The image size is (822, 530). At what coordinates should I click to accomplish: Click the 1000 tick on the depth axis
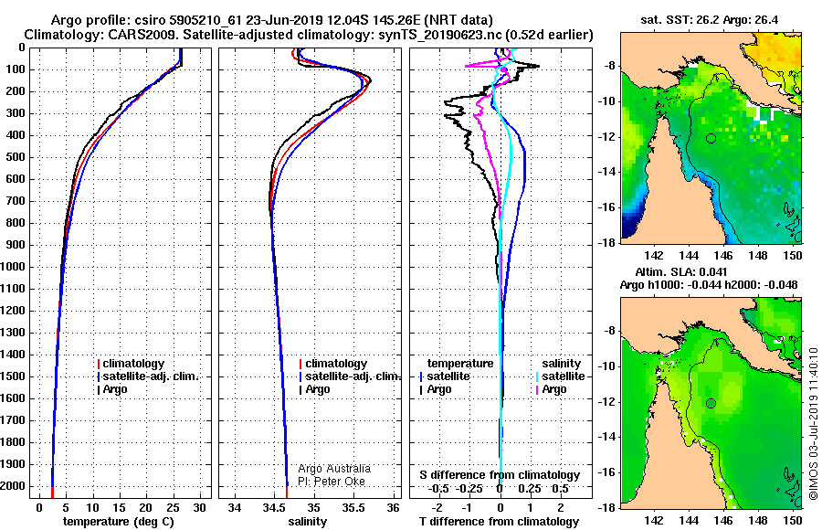tap(14, 267)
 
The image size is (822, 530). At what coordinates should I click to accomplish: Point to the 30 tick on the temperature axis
tap(199, 508)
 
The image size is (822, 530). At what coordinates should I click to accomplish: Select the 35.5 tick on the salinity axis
tap(353, 508)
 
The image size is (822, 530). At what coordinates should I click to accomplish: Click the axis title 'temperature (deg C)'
tap(118, 522)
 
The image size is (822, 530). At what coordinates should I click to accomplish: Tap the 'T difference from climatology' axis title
tap(499, 522)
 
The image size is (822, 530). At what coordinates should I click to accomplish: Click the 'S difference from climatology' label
tap(500, 475)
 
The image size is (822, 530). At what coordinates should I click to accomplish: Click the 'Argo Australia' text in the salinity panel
tap(334, 469)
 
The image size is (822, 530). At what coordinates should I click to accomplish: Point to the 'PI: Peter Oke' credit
tap(332, 482)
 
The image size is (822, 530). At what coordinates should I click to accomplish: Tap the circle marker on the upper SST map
tap(711, 139)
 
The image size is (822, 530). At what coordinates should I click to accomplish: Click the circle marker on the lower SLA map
tap(711, 404)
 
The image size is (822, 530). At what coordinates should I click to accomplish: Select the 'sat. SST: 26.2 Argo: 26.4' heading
tap(710, 20)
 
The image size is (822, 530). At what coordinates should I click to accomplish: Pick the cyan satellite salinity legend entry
tap(559, 376)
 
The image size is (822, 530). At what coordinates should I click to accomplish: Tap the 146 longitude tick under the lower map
tap(723, 520)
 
